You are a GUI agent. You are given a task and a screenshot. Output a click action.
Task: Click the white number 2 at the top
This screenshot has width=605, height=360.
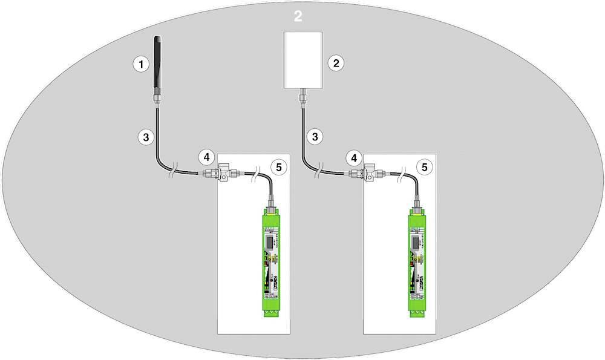point(298,16)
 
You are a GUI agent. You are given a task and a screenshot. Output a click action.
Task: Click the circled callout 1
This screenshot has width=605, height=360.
point(140,63)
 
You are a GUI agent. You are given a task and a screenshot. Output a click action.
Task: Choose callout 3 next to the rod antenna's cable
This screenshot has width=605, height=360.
point(145,137)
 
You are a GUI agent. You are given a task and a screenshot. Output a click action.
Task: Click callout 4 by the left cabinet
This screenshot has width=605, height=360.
point(206,158)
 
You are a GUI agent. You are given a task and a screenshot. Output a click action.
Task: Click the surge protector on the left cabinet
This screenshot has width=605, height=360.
point(223,174)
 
